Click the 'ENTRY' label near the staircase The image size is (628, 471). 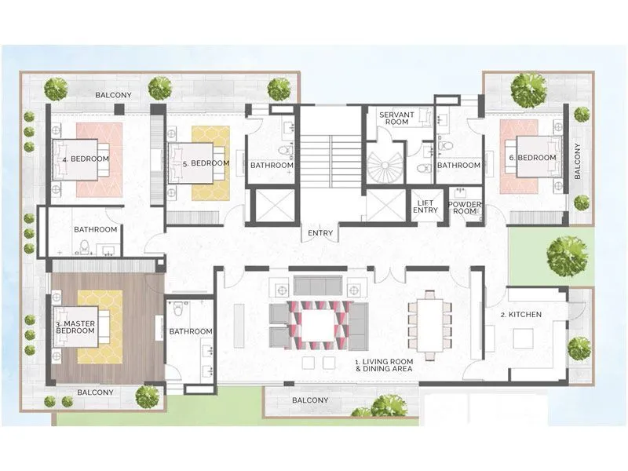[x=320, y=233]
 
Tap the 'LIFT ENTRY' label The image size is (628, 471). [x=426, y=206]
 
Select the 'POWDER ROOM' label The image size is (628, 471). [x=465, y=208]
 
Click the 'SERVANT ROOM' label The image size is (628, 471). [x=396, y=119]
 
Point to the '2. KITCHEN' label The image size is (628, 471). [x=521, y=315]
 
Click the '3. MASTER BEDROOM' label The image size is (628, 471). [x=75, y=327]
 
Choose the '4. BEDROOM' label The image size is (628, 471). [x=86, y=159]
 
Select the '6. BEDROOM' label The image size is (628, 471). [x=532, y=158]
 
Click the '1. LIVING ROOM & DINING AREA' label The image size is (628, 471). [x=384, y=365]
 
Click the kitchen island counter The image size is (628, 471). [x=524, y=338]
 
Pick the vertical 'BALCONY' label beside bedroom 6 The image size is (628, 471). [x=578, y=161]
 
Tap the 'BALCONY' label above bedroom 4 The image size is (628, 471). [x=113, y=95]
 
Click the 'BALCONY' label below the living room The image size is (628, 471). [x=310, y=400]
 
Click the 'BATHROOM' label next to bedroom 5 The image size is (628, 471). [x=272, y=166]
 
